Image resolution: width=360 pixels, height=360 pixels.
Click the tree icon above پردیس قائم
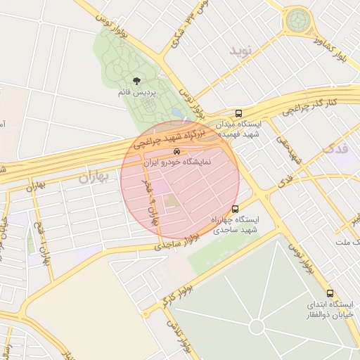[x=136, y=82]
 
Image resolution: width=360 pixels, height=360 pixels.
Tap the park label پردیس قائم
[x=136, y=93]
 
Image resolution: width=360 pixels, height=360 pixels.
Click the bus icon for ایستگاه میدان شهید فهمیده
[x=238, y=112]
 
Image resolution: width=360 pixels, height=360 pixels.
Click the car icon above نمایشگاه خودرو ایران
[x=176, y=151]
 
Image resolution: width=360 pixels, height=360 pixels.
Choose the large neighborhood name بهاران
[x=96, y=177]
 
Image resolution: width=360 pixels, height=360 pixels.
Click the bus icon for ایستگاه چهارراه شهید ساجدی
[x=235, y=209]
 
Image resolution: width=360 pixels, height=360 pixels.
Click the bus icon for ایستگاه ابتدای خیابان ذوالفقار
[x=330, y=293]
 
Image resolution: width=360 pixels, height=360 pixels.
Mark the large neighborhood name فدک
[x=335, y=148]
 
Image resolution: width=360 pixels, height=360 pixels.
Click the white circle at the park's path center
[x=257, y=328]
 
